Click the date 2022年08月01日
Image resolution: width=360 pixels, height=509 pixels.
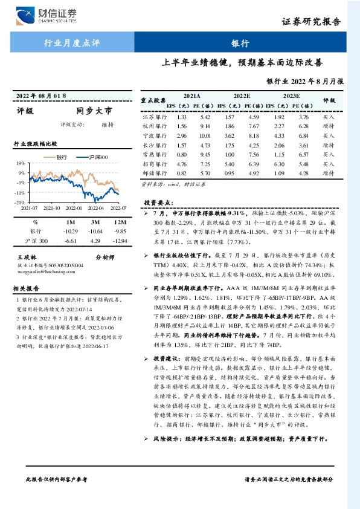click(39, 96)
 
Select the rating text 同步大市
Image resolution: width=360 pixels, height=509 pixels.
click(94, 111)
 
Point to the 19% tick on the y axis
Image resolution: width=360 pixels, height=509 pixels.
click(20, 163)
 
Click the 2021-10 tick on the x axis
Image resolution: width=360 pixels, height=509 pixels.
click(53, 208)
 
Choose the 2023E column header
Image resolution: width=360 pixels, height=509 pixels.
click(291, 96)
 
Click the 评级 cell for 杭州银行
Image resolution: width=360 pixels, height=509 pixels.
click(328, 127)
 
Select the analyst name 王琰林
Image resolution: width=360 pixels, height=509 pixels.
click(27, 257)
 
